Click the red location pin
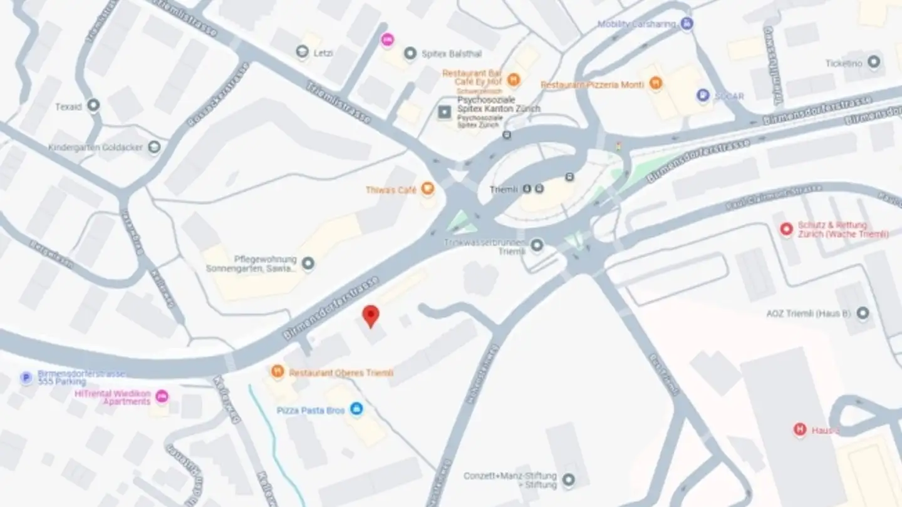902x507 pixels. [371, 315]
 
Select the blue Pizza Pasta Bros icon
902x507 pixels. [356, 409]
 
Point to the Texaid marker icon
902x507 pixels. [93, 106]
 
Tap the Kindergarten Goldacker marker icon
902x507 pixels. [153, 147]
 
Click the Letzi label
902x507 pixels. [323, 53]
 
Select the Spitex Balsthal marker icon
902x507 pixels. [410, 54]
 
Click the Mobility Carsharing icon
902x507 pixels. [687, 24]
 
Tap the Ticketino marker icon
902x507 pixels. [874, 63]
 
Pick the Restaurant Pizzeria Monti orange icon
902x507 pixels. [656, 84]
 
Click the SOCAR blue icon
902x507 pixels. [703, 96]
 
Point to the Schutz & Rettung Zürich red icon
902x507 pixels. [786, 230]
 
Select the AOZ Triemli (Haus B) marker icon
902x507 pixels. [863, 313]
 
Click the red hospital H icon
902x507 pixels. [799, 430]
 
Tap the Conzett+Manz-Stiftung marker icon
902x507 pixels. [569, 480]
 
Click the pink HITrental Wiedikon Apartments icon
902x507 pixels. [162, 396]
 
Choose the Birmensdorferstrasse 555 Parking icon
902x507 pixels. [26, 377]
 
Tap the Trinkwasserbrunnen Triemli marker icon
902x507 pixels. [537, 245]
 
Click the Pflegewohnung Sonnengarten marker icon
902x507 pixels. [308, 264]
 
